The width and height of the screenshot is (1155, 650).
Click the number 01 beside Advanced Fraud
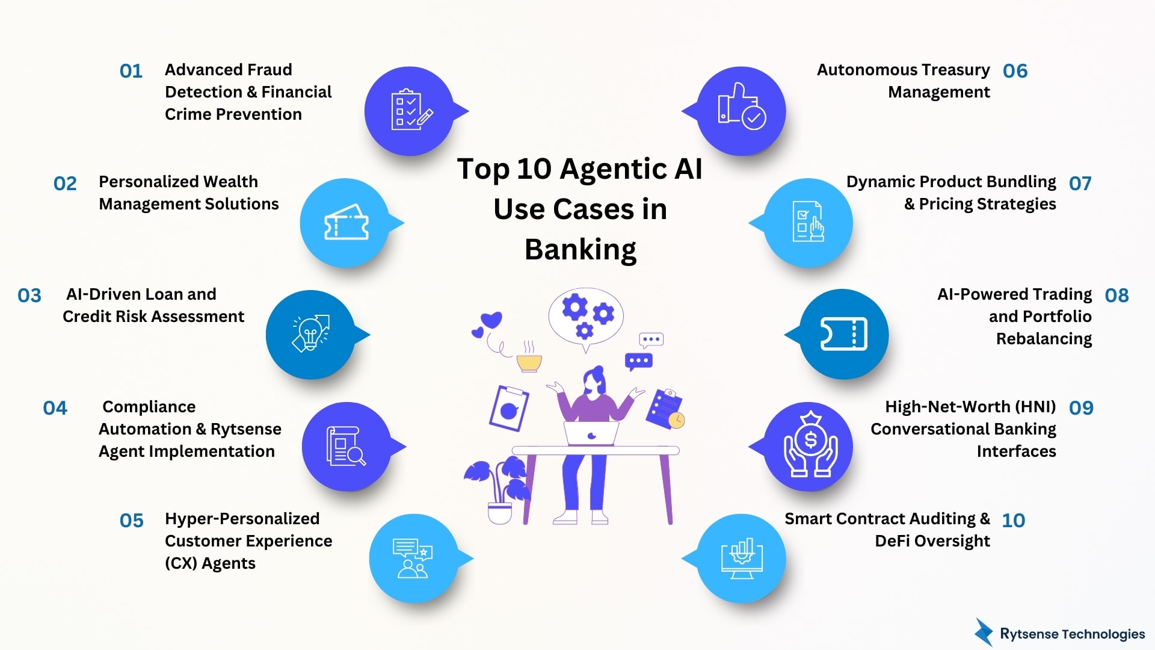(131, 71)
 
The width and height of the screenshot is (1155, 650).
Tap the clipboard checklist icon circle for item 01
(410, 111)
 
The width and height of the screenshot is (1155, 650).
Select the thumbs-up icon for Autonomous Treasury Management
(741, 110)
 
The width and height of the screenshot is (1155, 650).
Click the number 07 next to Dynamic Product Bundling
(1080, 183)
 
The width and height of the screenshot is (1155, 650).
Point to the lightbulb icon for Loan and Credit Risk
(310, 333)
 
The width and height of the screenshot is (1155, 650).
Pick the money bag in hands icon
(810, 446)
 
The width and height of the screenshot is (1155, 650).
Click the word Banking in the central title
(581, 249)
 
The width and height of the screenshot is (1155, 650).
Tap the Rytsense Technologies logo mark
(984, 633)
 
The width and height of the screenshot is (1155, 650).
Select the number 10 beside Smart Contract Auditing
(1013, 520)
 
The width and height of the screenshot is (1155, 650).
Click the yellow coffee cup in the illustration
(529, 362)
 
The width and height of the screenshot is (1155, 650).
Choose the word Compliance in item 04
(149, 407)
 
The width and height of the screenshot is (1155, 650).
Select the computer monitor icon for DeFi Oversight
(742, 559)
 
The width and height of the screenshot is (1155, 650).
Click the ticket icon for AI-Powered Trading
(843, 334)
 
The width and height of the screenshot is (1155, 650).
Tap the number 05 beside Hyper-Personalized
(131, 521)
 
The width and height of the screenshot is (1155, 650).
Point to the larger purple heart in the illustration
(491, 320)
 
